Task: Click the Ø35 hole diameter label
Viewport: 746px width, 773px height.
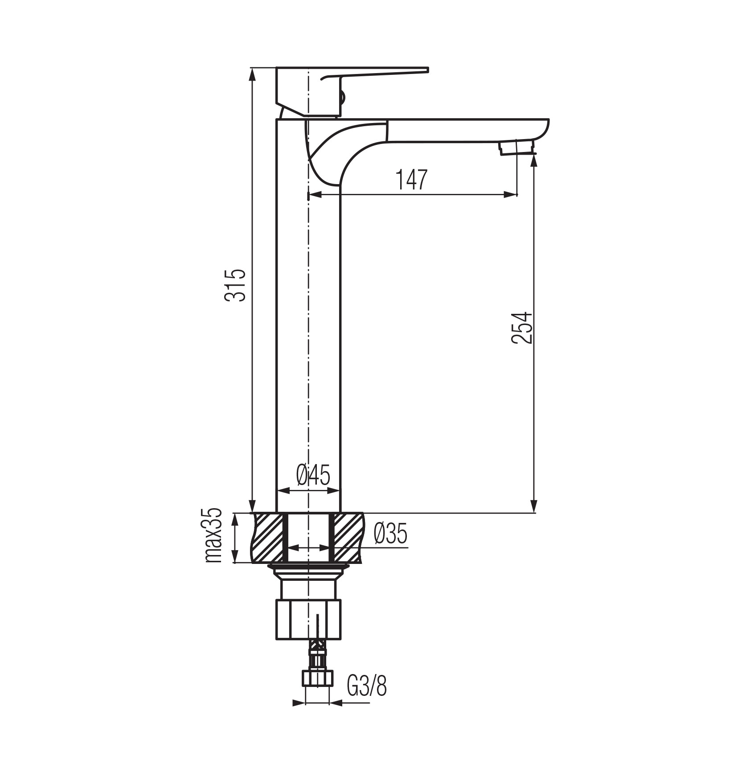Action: [x=391, y=534]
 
